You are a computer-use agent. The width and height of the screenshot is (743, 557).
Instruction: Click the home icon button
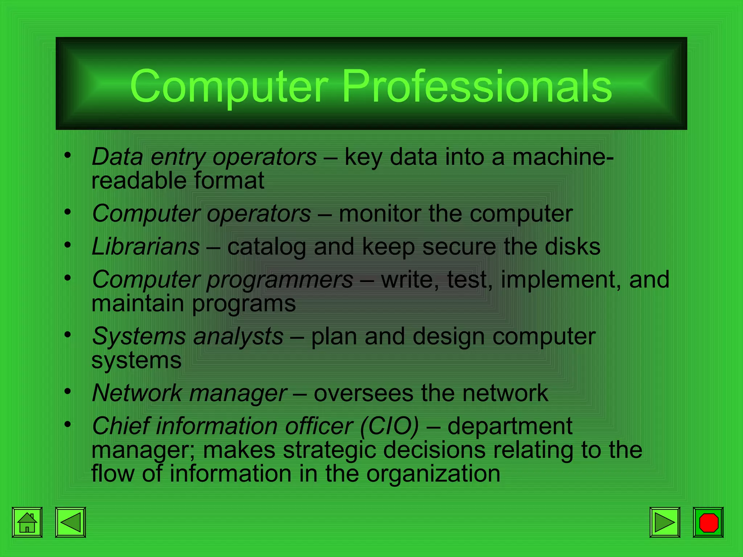(27, 522)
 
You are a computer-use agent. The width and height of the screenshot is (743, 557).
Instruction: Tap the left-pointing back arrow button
(70, 522)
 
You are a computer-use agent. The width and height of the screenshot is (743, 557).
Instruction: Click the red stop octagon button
(708, 522)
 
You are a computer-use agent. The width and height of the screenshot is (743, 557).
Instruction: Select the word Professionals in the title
(477, 86)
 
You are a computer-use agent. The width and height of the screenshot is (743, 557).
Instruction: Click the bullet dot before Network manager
(67, 392)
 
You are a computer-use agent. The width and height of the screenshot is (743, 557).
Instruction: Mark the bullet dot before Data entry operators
(67, 156)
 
